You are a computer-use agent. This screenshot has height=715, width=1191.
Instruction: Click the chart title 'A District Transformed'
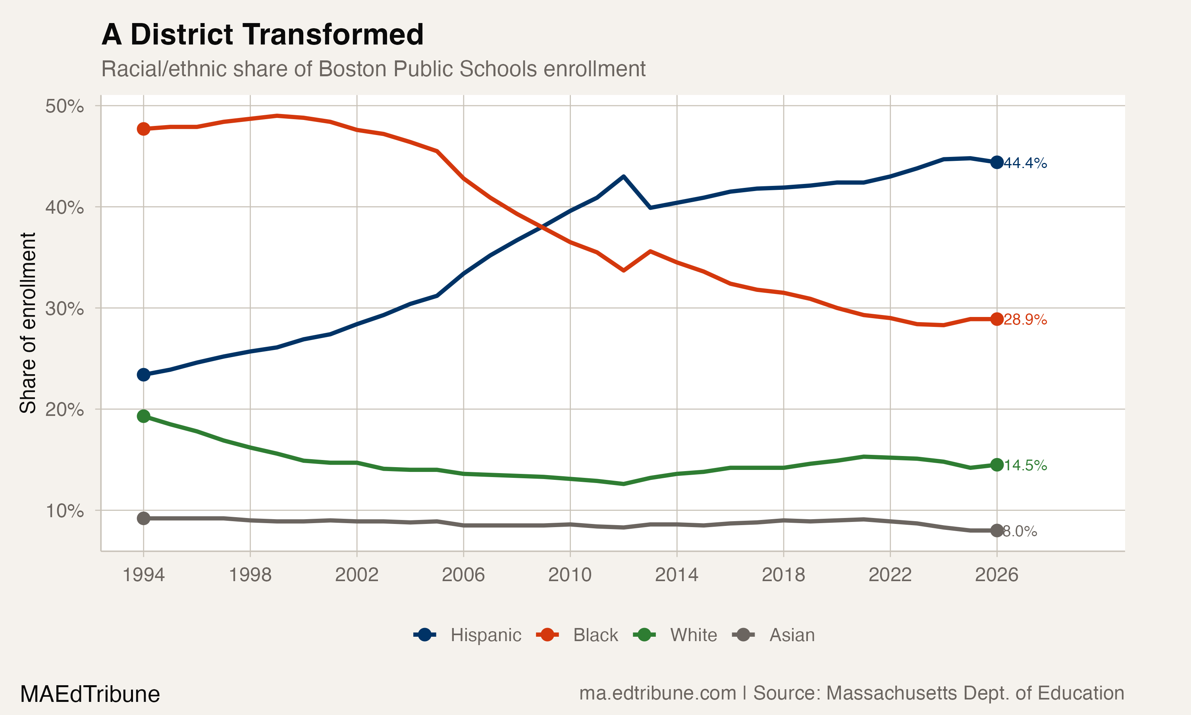(262, 35)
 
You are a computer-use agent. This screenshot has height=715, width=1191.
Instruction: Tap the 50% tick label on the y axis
(64, 106)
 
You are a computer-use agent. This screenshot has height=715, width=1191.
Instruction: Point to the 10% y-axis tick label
(64, 511)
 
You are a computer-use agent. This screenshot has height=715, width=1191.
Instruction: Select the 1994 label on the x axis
(143, 575)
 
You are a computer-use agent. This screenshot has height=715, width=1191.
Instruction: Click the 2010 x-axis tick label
(570, 575)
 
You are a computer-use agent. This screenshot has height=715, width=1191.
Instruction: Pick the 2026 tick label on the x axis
(996, 575)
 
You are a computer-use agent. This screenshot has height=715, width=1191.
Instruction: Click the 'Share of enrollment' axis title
(28, 323)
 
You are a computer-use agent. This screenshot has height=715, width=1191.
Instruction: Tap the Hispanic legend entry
(467, 635)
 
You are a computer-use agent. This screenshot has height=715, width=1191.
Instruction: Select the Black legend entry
(577, 635)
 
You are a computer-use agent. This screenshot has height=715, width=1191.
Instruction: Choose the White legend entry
(675, 635)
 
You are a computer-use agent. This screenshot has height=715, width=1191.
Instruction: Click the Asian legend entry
(774, 635)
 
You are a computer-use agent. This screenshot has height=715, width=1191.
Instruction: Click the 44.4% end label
(1025, 163)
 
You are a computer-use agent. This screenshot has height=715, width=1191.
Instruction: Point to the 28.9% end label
(1025, 319)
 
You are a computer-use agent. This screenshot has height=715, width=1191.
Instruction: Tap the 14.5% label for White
(1025, 466)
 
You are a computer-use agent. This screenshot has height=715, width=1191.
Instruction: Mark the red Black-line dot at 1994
(143, 129)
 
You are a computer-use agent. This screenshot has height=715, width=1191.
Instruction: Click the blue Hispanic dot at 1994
(143, 374)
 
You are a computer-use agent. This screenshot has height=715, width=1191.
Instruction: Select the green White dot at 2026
(997, 464)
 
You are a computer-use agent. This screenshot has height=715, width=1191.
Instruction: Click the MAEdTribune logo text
(90, 694)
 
